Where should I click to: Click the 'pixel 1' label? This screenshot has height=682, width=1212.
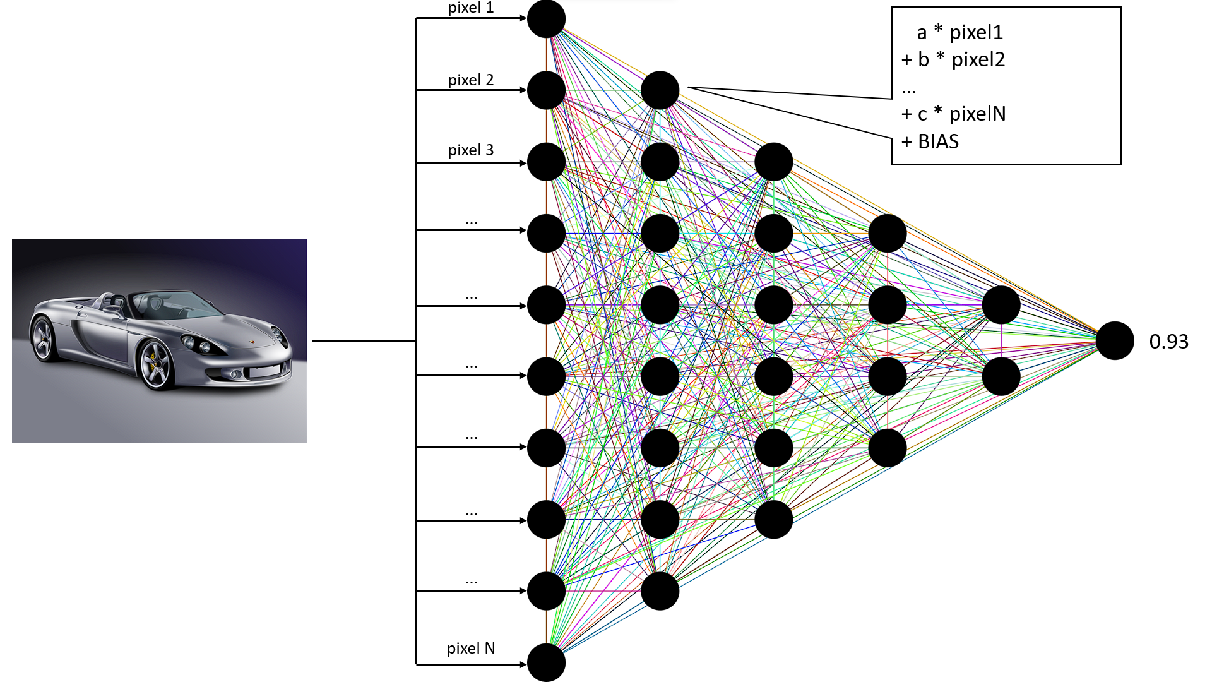click(x=471, y=8)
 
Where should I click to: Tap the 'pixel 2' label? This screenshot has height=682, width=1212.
click(x=471, y=80)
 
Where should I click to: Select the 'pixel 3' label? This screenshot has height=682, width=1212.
click(x=471, y=150)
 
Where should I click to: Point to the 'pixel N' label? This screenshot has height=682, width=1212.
click(x=471, y=649)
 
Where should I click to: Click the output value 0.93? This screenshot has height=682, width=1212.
click(x=1168, y=342)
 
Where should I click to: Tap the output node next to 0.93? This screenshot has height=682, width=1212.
click(x=1115, y=341)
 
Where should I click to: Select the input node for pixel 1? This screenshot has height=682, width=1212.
click(x=546, y=19)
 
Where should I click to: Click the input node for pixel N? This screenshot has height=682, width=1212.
click(x=546, y=663)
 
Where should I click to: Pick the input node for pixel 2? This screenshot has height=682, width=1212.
click(x=546, y=90)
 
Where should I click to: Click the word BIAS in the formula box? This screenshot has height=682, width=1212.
click(x=938, y=141)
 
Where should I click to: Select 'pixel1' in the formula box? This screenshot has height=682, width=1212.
click(x=976, y=32)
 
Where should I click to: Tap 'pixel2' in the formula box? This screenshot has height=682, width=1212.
click(x=978, y=59)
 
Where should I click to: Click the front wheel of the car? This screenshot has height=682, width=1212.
click(x=155, y=365)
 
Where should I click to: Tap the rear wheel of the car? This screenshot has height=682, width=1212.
click(x=43, y=339)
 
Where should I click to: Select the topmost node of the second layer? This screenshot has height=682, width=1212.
click(x=660, y=90)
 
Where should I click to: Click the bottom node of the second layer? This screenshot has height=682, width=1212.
click(x=660, y=591)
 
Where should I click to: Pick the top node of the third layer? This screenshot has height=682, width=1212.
click(x=773, y=162)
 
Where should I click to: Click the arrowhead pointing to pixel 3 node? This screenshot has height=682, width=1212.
click(x=523, y=163)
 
